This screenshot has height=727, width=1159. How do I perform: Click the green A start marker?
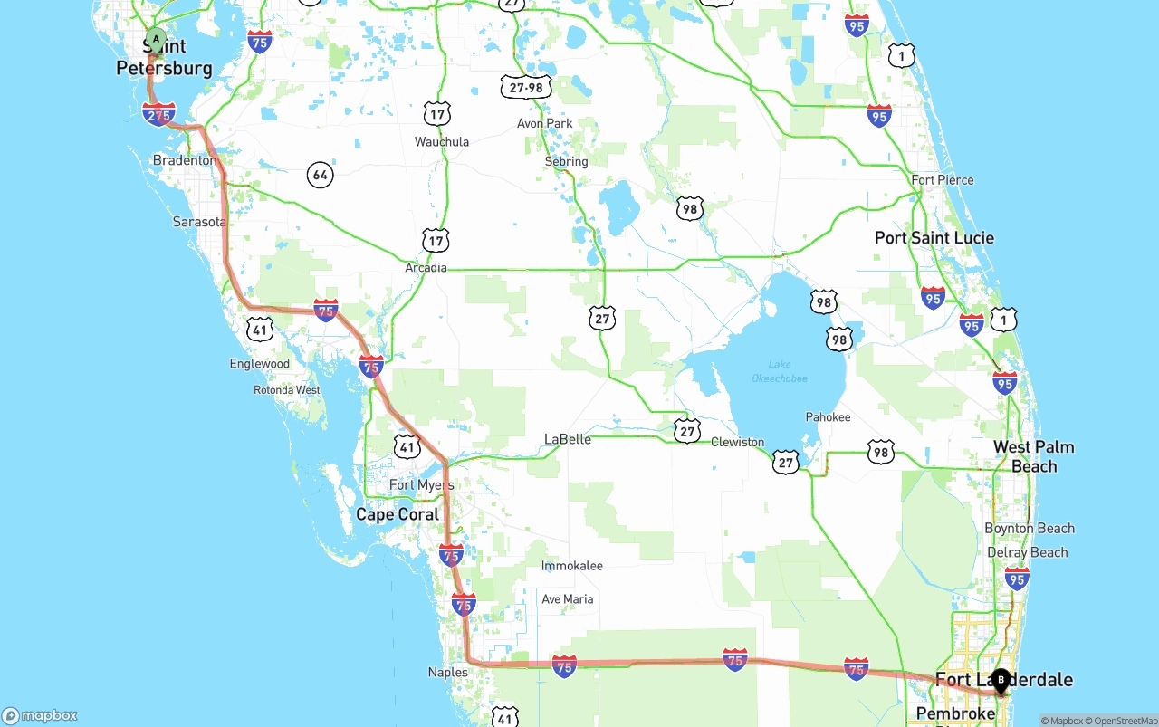pyautogui.click(x=157, y=40)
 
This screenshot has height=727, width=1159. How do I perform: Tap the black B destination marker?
pyautogui.click(x=1001, y=680)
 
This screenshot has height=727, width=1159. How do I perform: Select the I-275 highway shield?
pyautogui.click(x=158, y=114)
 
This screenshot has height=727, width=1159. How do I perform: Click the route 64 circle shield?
pyautogui.click(x=320, y=174)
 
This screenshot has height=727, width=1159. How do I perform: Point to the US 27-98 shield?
pyautogui.click(x=525, y=87)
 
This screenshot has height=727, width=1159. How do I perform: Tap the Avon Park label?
pyautogui.click(x=545, y=123)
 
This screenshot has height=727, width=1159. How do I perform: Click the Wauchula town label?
pyautogui.click(x=442, y=141)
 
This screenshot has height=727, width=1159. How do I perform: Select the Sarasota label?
pyautogui.click(x=199, y=222)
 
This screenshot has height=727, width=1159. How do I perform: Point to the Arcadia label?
pyautogui.click(x=426, y=268)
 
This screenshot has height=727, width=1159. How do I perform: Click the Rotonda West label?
pyautogui.click(x=287, y=390)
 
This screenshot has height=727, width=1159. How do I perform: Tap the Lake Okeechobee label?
pyautogui.click(x=780, y=371)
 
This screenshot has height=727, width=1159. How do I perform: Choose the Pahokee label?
pyautogui.click(x=828, y=417)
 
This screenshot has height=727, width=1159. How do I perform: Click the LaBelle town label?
pyautogui.click(x=568, y=439)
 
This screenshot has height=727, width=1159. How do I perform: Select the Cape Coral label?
pyautogui.click(x=398, y=514)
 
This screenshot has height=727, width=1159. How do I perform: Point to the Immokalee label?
pyautogui.click(x=571, y=566)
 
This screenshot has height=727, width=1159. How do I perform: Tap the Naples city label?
pyautogui.click(x=448, y=672)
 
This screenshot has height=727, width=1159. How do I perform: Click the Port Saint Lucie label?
pyautogui.click(x=934, y=238)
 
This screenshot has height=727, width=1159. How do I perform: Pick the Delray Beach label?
pyautogui.click(x=1028, y=552)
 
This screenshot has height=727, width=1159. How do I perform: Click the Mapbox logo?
pyautogui.click(x=40, y=715)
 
